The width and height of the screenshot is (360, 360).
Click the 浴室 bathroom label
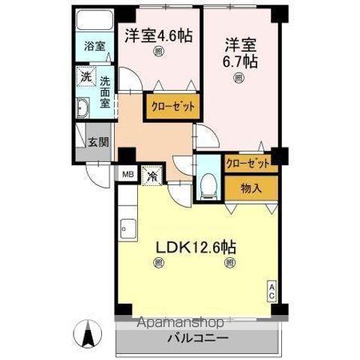94,46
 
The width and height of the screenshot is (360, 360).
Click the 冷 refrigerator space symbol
151,177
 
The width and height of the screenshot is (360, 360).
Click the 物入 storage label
251,188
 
